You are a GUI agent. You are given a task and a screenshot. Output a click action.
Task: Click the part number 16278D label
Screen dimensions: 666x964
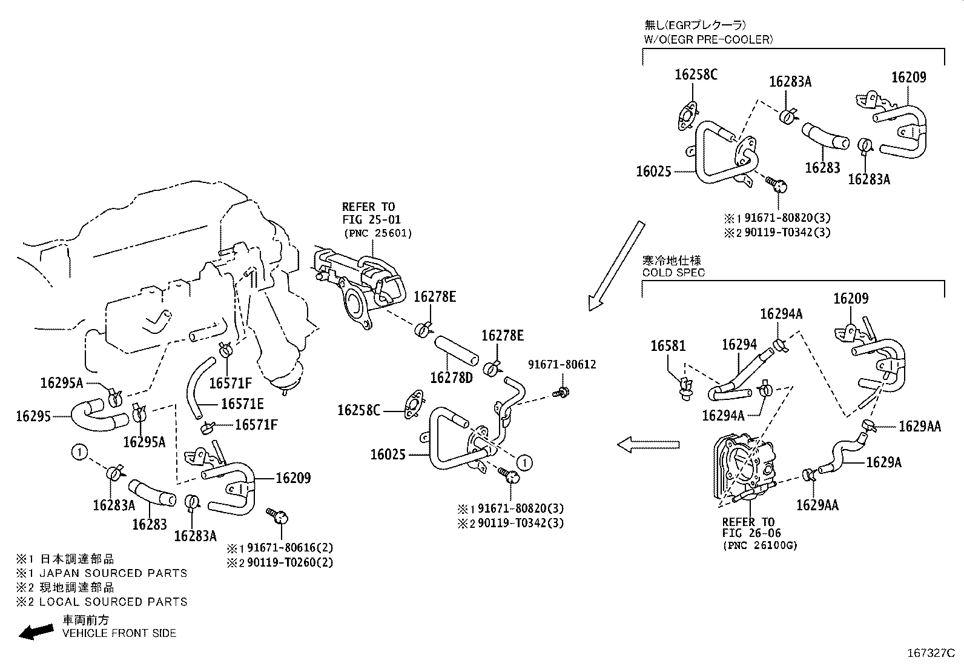451,378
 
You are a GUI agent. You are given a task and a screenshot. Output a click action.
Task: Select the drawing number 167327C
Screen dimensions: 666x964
930,653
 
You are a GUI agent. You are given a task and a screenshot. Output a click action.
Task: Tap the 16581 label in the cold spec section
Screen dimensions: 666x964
668,346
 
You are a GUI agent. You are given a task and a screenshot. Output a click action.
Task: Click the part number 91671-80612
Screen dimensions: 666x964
562,365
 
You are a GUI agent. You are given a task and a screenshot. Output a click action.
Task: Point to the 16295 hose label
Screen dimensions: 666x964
33,416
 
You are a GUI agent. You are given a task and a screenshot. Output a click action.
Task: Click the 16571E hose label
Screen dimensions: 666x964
242,404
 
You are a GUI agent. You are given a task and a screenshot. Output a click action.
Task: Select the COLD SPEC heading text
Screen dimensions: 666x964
673,273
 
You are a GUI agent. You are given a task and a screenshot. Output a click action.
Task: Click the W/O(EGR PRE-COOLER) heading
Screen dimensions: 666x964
708,40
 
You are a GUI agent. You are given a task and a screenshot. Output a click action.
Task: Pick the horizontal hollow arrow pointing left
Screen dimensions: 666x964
649,445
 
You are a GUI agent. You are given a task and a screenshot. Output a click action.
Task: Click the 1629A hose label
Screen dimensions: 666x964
883,462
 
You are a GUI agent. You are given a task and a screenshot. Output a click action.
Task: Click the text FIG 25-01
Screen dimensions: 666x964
371,219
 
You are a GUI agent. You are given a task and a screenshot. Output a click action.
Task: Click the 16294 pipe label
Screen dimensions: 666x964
739,345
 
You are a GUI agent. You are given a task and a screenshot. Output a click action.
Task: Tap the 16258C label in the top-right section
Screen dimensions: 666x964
696,75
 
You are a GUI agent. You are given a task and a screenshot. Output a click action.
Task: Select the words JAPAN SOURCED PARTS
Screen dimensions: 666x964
113,573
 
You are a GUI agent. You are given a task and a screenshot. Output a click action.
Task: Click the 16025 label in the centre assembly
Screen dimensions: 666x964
388,454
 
